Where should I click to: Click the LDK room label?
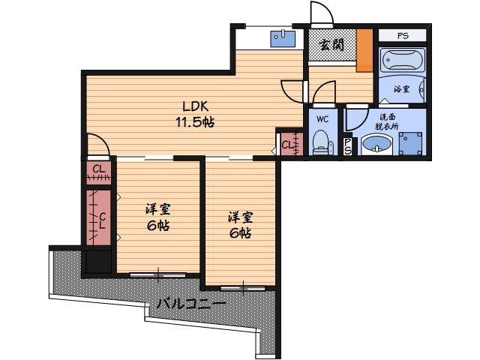[195, 106]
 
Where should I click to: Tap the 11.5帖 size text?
[195, 122]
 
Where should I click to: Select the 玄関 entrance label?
[331, 45]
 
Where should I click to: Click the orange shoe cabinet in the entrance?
[365, 50]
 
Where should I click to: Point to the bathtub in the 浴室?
[403, 60]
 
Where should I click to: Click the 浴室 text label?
[402, 89]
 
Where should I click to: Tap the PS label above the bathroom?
[403, 36]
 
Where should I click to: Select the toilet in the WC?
[322, 142]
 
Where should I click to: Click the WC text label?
[322, 118]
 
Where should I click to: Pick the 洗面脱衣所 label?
[387, 121]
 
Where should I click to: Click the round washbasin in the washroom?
[376, 145]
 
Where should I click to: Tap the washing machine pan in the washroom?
[410, 143]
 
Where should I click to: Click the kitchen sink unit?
[283, 38]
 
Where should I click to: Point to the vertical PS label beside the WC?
[347, 146]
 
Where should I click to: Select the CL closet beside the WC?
[292, 143]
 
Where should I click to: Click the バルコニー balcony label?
[191, 303]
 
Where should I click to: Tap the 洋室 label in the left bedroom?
[158, 210]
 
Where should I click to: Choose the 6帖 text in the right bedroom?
[240, 233]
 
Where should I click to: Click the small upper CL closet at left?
[98, 172]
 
